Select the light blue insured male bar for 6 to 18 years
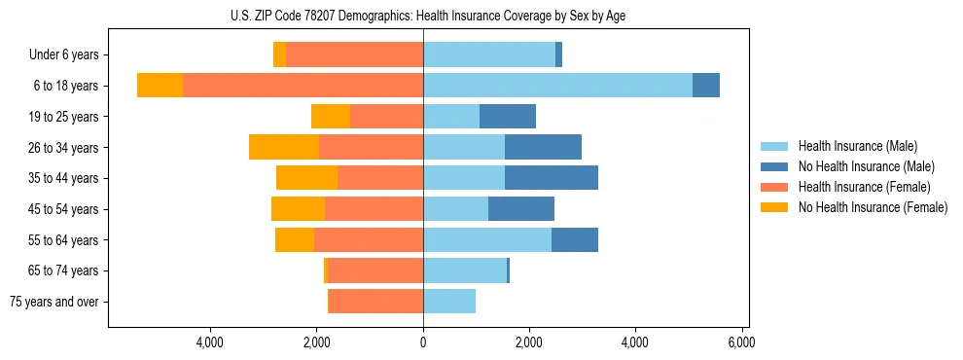[x=557, y=86]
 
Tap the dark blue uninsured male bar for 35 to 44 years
[x=551, y=178]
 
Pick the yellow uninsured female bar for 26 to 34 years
[x=284, y=147]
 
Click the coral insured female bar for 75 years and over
[x=375, y=302]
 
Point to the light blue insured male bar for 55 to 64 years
[x=486, y=239]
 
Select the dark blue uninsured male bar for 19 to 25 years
[x=507, y=117]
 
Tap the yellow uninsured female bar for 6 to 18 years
[x=160, y=86]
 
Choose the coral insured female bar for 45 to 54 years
[x=374, y=209]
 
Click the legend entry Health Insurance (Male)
[x=857, y=146]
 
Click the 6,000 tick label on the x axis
[x=740, y=342]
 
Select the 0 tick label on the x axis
[x=423, y=342]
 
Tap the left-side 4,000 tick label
[x=210, y=342]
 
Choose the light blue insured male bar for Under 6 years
[x=488, y=54]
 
